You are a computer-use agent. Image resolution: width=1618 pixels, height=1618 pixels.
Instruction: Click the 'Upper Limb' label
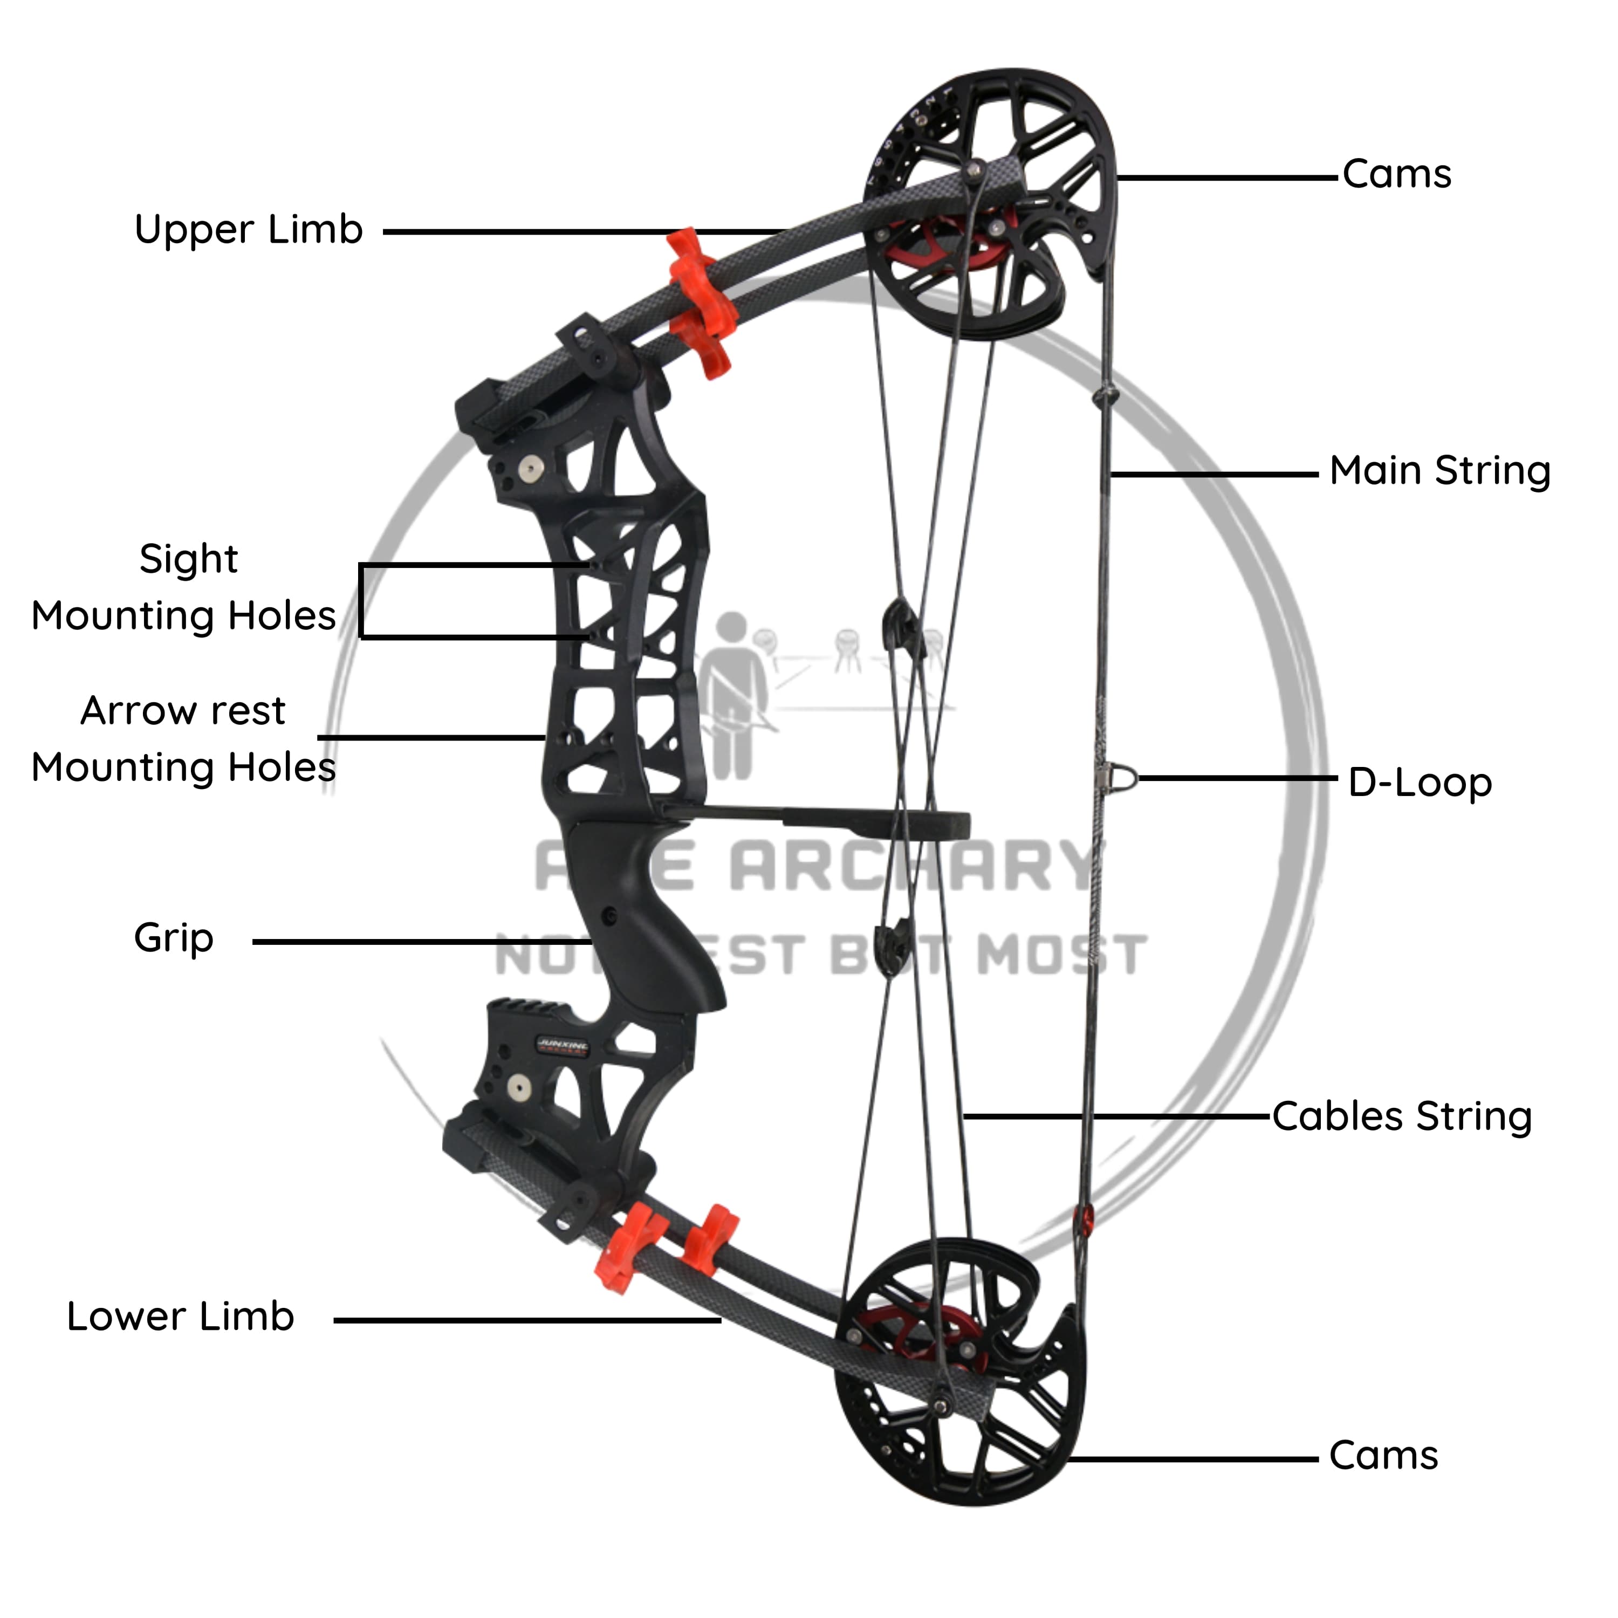[249, 229]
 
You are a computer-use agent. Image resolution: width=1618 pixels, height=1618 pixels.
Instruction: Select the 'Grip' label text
[173, 937]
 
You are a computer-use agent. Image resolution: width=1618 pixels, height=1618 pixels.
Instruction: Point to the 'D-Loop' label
[1420, 782]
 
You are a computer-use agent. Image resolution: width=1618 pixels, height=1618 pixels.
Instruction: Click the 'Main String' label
[1439, 471]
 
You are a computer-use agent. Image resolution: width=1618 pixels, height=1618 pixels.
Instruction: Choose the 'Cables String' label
[1402, 1116]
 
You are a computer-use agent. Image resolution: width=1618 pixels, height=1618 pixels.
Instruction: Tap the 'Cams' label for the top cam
[1396, 174]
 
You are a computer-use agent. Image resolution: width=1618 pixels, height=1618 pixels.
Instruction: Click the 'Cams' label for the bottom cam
[1383, 1456]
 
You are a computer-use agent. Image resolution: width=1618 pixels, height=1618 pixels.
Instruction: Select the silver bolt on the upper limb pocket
[529, 467]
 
